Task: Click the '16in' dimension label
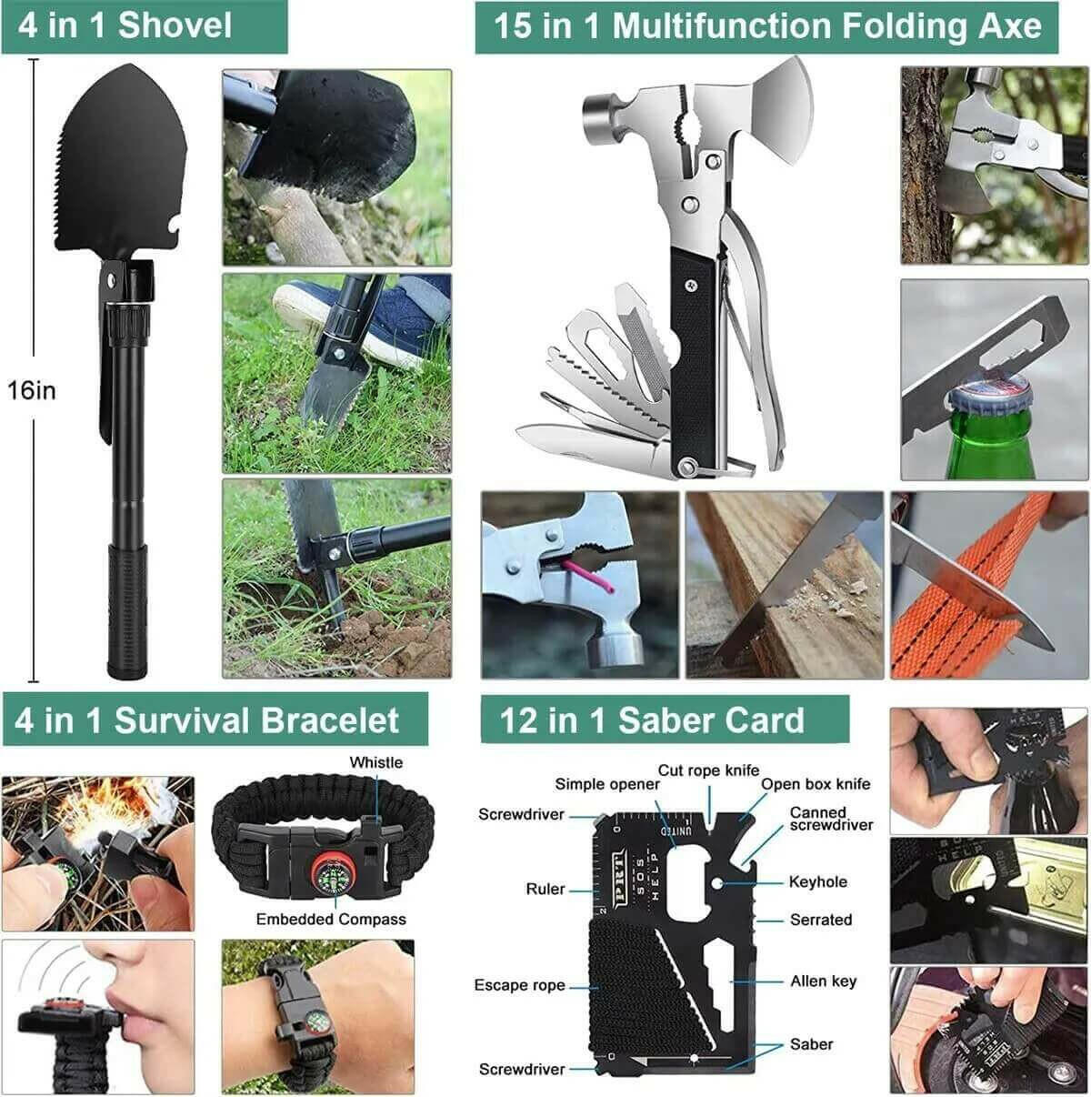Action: click(32, 391)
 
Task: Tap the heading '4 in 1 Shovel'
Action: click(125, 25)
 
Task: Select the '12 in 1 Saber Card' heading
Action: click(652, 720)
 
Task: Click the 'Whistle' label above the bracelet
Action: click(375, 762)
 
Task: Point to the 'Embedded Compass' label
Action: click(331, 919)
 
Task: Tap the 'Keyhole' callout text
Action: click(817, 881)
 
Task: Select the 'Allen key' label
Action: click(823, 981)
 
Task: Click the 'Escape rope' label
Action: click(519, 985)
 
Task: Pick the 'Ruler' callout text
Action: click(545, 889)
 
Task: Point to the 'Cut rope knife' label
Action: click(708, 770)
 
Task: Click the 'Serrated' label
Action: click(820, 920)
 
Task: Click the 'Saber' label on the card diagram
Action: click(811, 1044)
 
